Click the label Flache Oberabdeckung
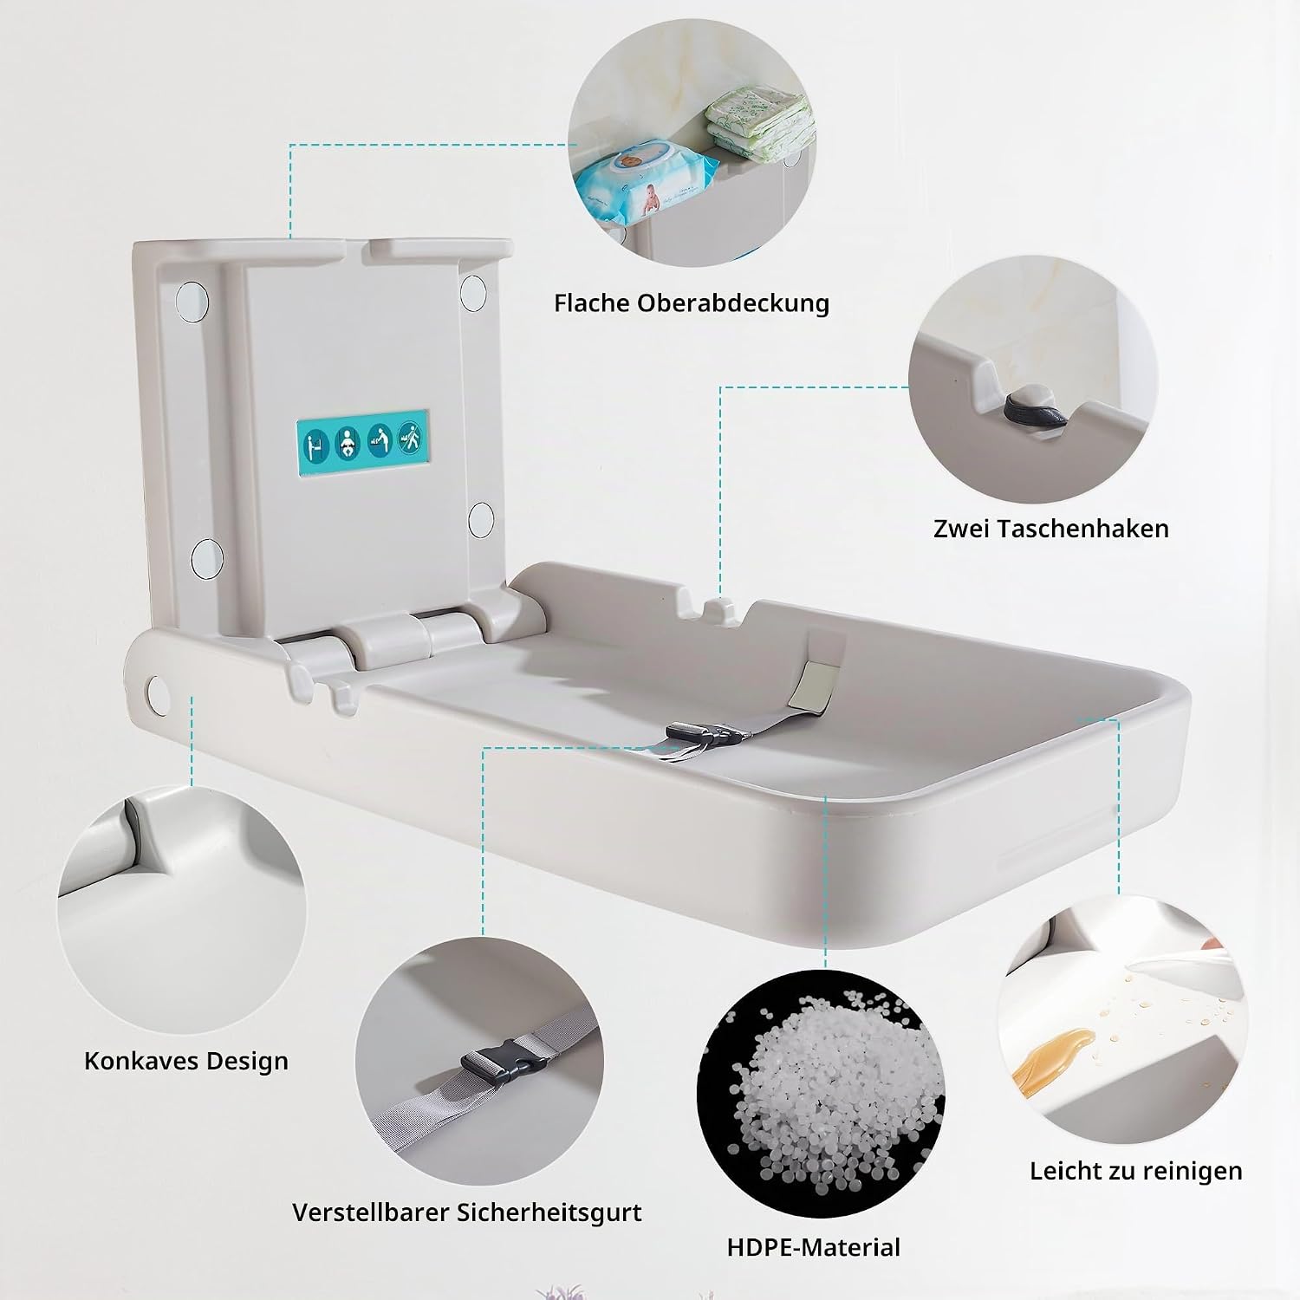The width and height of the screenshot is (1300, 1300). pos(692,303)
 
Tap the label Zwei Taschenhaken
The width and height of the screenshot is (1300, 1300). pos(1051,528)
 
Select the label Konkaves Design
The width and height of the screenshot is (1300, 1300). pos(186,1061)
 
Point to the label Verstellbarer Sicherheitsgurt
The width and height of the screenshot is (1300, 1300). pos(467,1212)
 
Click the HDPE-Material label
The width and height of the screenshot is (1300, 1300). pos(814,1247)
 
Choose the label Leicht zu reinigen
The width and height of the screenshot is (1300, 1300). pos(1136,1171)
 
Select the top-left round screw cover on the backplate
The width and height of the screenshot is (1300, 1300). pos(192,297)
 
